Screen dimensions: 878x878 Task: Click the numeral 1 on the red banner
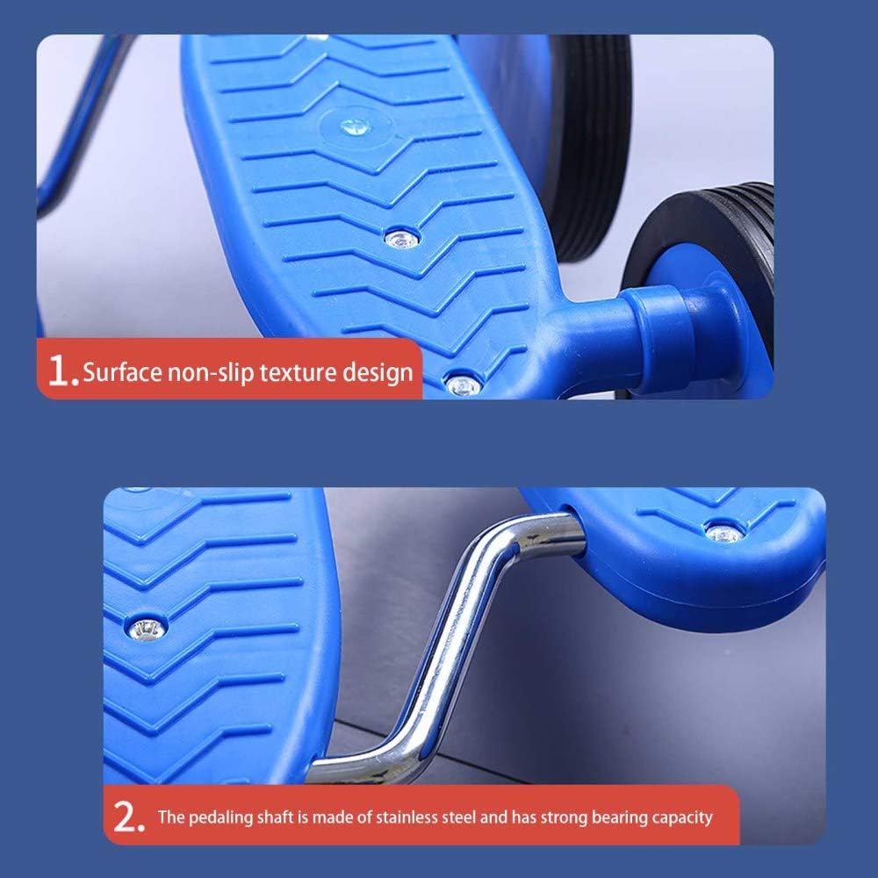click(x=60, y=371)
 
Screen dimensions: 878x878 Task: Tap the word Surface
click(x=122, y=371)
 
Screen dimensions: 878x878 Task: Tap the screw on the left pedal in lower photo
click(x=148, y=629)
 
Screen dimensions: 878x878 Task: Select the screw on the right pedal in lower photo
click(x=723, y=534)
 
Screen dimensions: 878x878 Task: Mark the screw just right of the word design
click(x=464, y=385)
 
